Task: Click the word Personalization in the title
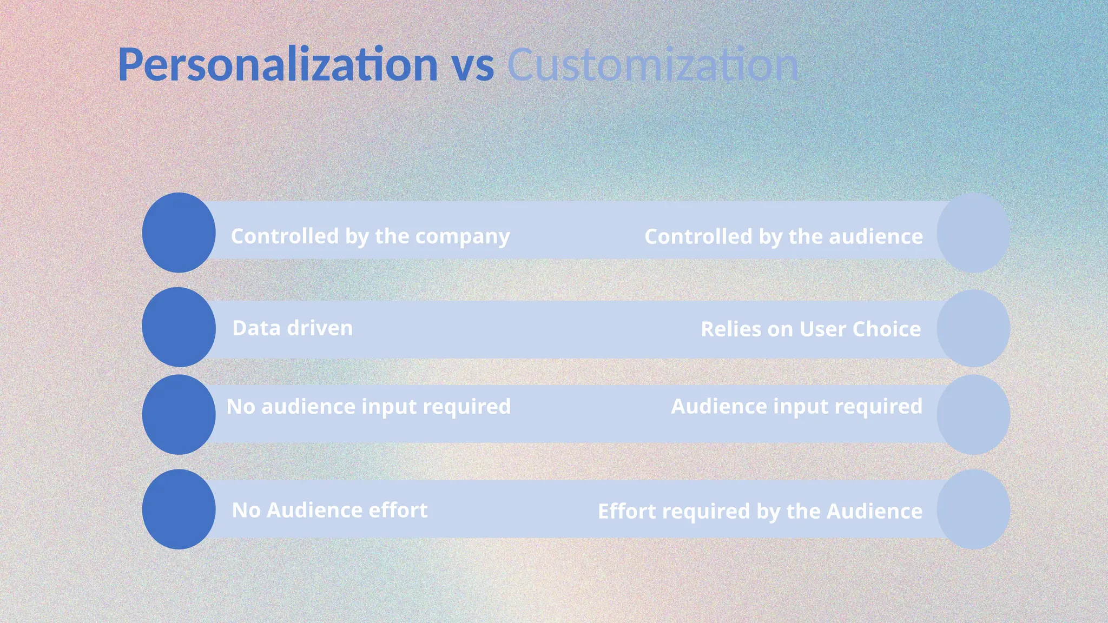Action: pos(278,65)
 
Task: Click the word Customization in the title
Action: pos(652,65)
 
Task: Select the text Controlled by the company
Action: pos(370,236)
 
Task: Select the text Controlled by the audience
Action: pos(783,237)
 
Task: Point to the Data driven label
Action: pos(292,328)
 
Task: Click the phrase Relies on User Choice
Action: pos(810,329)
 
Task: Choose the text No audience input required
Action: pos(368,407)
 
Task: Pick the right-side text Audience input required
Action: pos(796,407)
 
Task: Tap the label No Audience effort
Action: pos(329,511)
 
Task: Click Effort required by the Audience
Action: pos(760,512)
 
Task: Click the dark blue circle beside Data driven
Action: pos(179,327)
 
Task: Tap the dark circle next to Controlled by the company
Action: pos(179,233)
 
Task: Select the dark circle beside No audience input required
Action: pos(179,415)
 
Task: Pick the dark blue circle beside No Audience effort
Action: pos(179,509)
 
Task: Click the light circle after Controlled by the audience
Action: pos(973,233)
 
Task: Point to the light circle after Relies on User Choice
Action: pos(973,328)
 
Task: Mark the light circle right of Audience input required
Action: pos(973,415)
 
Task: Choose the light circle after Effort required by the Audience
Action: pos(973,509)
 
